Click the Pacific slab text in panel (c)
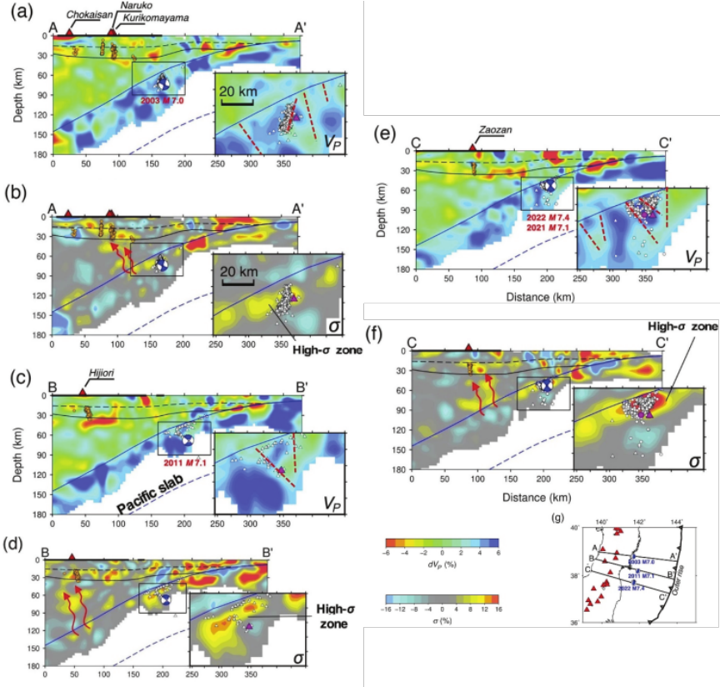141,505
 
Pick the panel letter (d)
12,547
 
